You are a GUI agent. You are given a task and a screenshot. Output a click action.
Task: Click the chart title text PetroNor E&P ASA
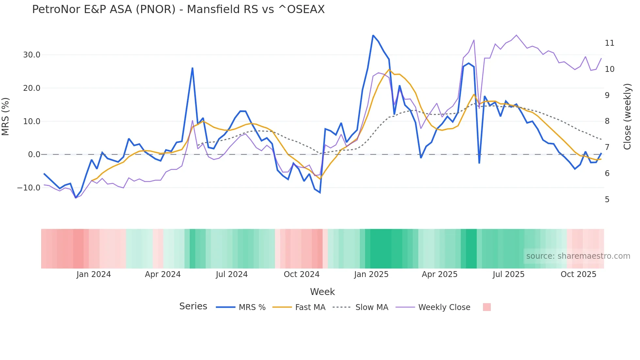tap(178, 9)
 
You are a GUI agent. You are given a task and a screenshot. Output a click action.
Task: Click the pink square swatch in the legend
tap(487, 307)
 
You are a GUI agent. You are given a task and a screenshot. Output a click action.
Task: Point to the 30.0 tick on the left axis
tap(32, 55)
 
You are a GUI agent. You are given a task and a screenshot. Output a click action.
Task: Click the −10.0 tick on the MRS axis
tap(29, 188)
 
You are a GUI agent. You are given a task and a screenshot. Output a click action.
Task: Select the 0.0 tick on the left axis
tap(34, 155)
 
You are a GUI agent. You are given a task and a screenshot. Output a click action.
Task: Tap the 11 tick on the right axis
tap(609, 43)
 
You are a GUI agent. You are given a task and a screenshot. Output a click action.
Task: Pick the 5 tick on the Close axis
tap(607, 200)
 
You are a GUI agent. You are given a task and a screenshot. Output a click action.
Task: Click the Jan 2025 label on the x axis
tap(371, 274)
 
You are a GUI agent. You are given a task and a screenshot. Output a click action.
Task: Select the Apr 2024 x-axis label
tap(163, 274)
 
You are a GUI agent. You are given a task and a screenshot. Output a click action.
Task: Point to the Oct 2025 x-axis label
tap(578, 274)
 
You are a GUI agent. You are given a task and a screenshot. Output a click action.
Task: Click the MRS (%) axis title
tap(6, 117)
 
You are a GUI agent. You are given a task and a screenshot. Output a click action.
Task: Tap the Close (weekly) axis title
tap(627, 117)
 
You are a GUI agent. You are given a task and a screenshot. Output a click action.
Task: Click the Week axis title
tap(322, 292)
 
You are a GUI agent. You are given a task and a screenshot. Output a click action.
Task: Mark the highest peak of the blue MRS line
tap(373, 35)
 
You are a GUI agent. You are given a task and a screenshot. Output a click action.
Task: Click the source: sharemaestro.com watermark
tap(578, 256)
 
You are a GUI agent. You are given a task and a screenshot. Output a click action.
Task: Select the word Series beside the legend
tap(193, 306)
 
